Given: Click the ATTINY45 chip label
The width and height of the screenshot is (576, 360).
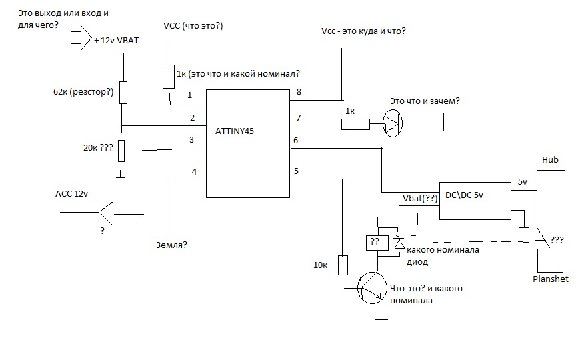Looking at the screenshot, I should [x=235, y=131].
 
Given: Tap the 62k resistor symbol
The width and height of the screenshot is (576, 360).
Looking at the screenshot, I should [x=123, y=93].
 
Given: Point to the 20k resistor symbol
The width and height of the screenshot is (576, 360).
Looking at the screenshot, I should [x=120, y=151].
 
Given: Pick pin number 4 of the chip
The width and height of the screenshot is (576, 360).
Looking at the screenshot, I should [x=194, y=171].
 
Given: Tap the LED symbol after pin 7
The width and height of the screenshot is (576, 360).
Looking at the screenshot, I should [x=393, y=123].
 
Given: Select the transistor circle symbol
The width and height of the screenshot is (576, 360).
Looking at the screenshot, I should [x=370, y=287].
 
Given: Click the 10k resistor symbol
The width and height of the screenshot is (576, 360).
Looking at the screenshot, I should [x=343, y=265].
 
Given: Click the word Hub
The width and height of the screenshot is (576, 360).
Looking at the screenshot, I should [x=550, y=160].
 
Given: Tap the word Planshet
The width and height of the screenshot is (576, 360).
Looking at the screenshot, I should [x=551, y=279].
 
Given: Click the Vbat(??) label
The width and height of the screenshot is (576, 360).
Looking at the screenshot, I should [x=421, y=199].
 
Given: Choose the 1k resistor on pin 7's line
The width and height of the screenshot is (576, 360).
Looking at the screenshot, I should [x=355, y=124].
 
